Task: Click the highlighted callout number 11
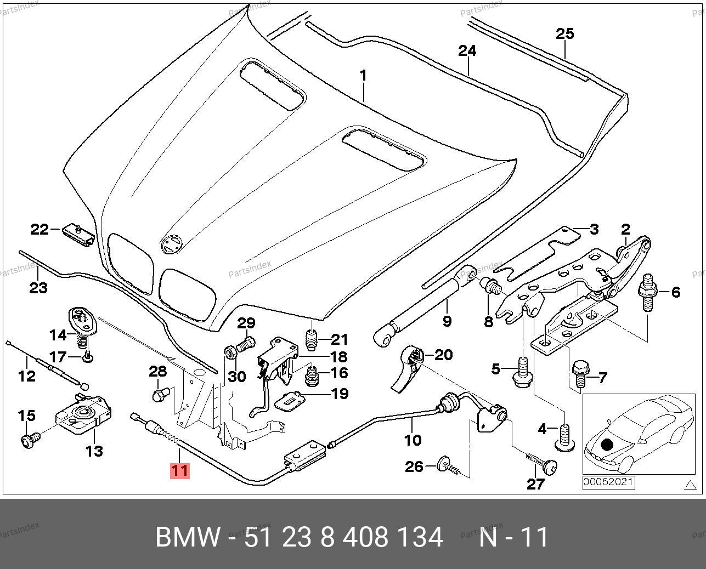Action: [x=180, y=470]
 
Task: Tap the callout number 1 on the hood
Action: [x=363, y=75]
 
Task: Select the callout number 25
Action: [x=564, y=33]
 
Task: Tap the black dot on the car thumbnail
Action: [x=606, y=445]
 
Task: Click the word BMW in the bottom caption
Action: [x=188, y=538]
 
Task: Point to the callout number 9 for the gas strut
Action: [x=447, y=320]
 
